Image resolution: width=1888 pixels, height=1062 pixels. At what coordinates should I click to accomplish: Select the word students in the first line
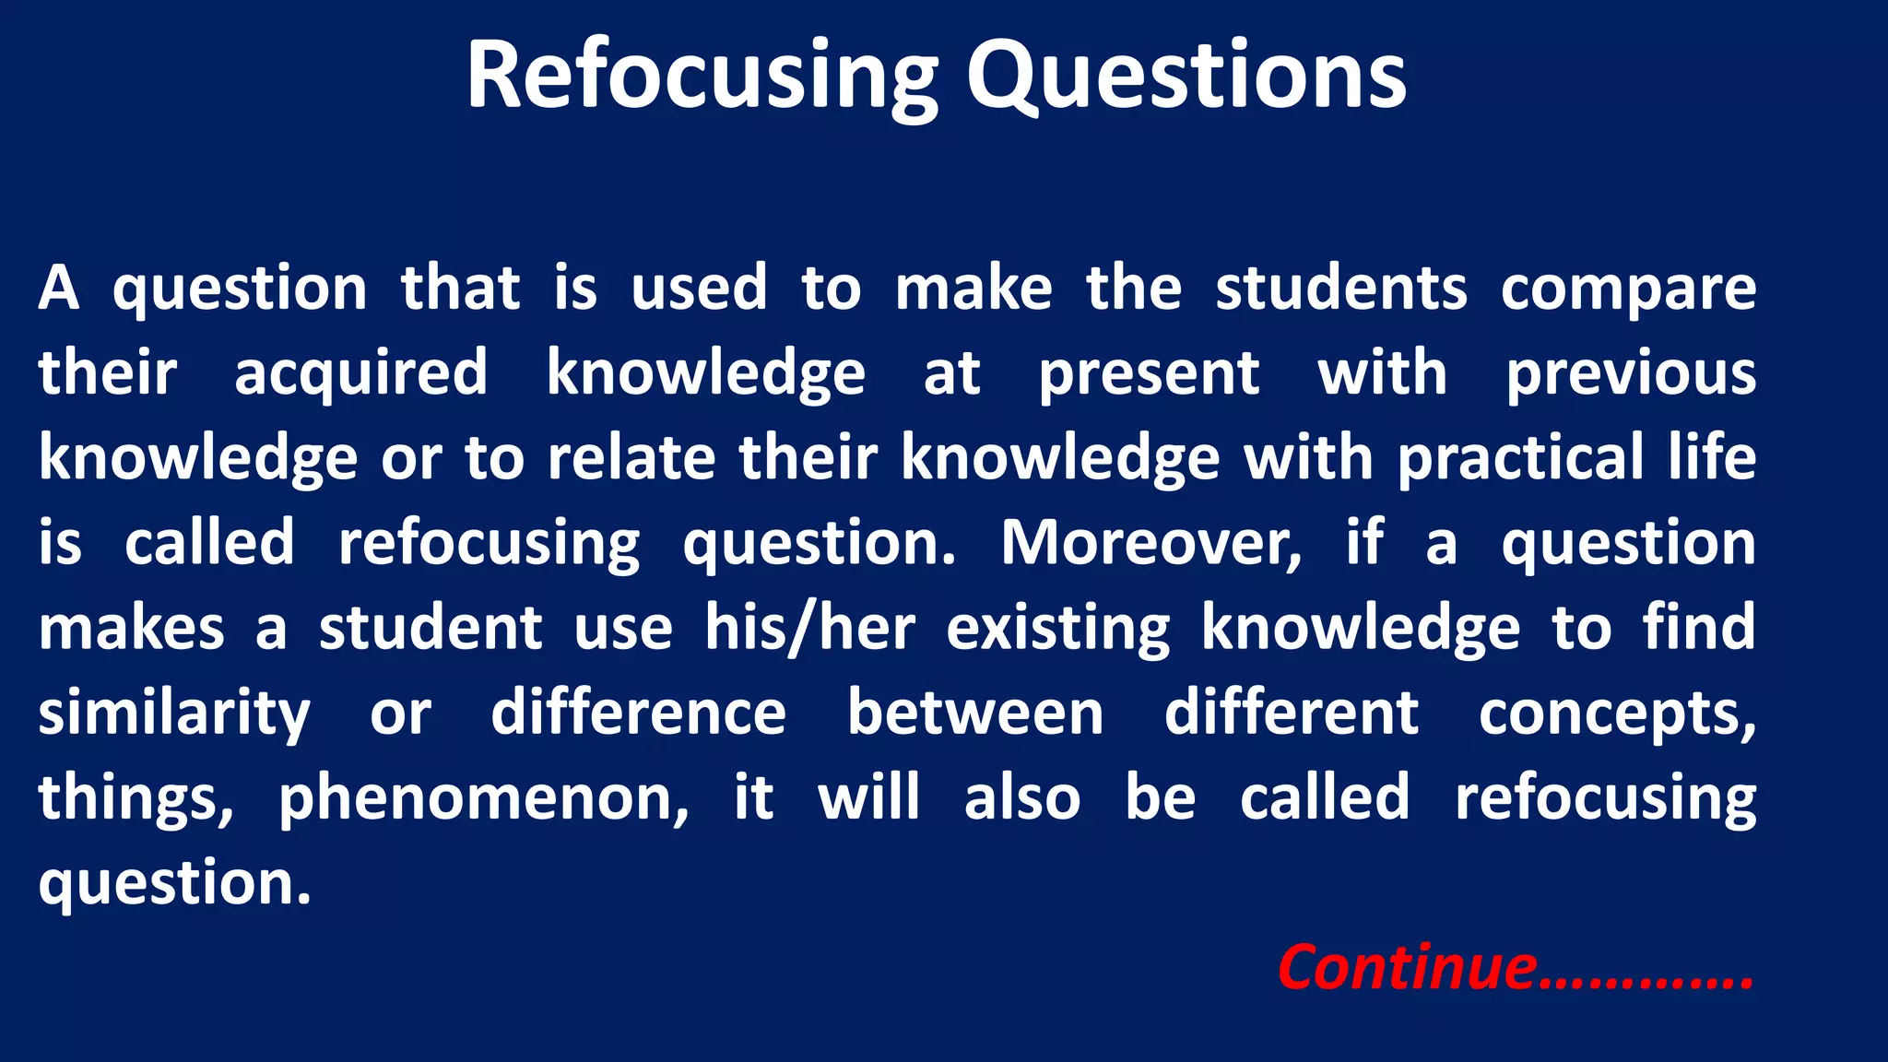1340,288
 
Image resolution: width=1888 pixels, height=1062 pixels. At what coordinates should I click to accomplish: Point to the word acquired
360,374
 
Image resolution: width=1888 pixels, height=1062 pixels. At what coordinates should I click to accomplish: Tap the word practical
1520,459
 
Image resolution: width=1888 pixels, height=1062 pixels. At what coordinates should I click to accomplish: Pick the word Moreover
1151,544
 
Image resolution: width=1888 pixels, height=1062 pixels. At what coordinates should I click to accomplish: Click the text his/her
810,629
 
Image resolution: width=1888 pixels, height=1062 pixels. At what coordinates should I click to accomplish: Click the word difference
638,713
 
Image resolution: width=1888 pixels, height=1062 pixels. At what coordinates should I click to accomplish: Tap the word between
975,713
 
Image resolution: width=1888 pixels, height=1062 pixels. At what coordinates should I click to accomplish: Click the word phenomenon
483,799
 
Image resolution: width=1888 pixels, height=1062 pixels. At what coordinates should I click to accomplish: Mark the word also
1022,797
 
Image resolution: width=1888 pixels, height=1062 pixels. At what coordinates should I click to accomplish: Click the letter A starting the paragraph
59,288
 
